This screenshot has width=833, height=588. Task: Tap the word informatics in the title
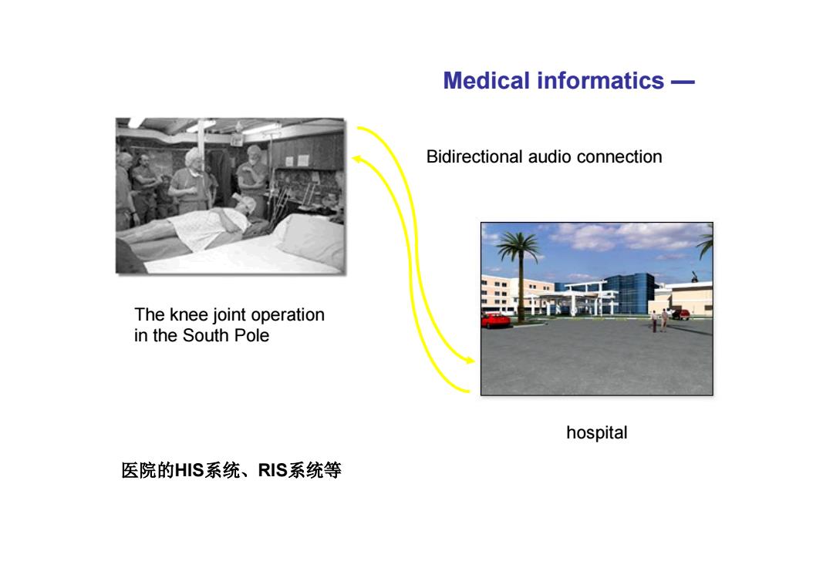coord(600,81)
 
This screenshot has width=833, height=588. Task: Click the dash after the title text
coord(683,82)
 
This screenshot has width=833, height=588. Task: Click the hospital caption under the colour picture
coord(596,432)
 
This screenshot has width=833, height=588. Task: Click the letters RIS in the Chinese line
coord(272,470)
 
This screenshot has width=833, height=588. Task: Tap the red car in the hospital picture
coord(495,321)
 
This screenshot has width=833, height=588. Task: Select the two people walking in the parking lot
coord(659,321)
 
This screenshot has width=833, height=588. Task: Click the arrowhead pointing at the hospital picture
coord(470,361)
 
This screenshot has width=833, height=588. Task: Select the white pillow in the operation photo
coord(311,238)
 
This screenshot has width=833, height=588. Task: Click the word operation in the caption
coord(288,315)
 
